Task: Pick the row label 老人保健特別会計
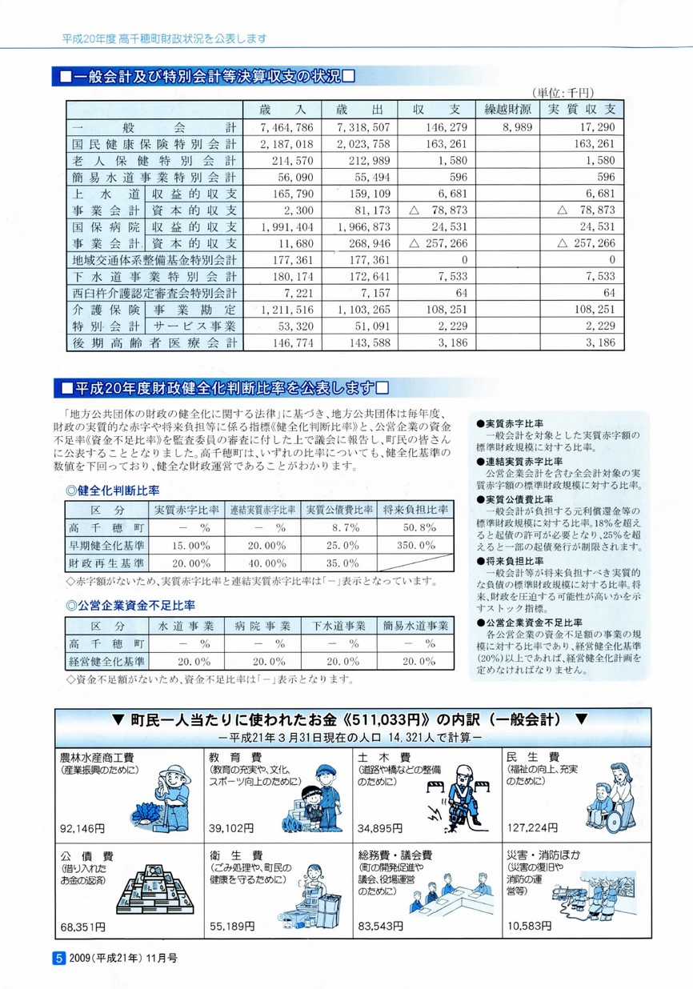[x=154, y=161]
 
